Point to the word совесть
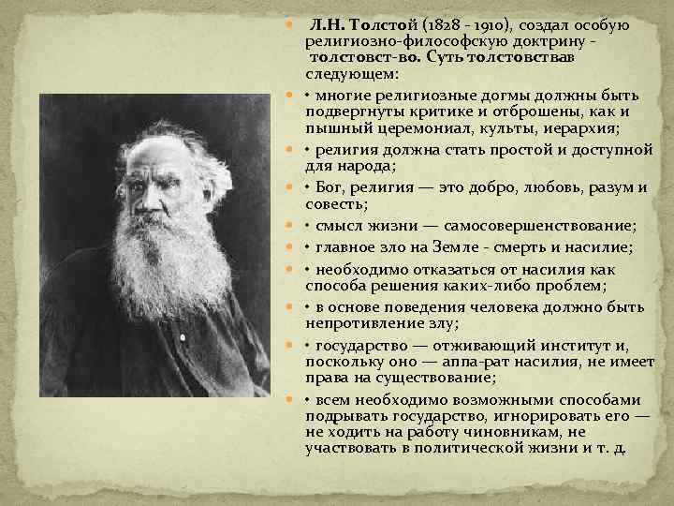click(x=333, y=203)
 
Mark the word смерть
click(x=543, y=247)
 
